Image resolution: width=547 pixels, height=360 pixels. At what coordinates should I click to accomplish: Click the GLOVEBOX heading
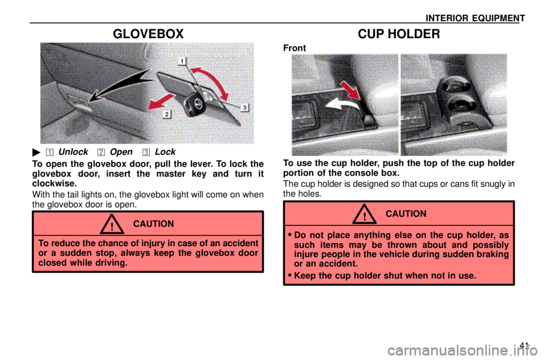[x=148, y=34]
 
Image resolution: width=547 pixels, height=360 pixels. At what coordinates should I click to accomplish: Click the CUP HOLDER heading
[x=399, y=34]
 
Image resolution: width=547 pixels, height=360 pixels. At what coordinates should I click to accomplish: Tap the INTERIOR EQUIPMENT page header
[x=475, y=18]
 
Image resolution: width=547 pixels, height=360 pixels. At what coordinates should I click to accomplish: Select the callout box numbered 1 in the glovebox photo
[x=182, y=61]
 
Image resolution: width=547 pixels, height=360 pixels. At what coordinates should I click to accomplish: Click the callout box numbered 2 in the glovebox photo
[x=167, y=114]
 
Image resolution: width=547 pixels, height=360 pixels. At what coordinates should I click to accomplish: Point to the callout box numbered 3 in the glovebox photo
[x=245, y=108]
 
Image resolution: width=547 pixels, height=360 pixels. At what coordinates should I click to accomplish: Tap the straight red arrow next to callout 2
[x=161, y=101]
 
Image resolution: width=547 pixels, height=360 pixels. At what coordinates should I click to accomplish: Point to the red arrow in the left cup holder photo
[x=350, y=90]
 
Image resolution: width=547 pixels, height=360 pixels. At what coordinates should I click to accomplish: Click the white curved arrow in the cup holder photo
[x=342, y=104]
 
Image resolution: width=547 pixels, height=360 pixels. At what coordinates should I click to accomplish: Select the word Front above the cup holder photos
[x=295, y=48]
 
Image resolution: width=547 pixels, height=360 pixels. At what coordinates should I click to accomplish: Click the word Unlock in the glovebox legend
[x=74, y=152]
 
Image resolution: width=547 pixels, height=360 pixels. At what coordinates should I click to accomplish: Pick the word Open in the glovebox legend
[x=121, y=153]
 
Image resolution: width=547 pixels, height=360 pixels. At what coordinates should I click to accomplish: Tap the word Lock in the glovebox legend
[x=165, y=152]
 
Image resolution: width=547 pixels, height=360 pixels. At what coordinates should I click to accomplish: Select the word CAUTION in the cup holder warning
[x=406, y=214]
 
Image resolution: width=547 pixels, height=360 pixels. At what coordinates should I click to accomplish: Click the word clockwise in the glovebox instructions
[x=55, y=183]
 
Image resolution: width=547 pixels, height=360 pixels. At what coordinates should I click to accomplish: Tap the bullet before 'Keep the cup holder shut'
[x=289, y=276]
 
